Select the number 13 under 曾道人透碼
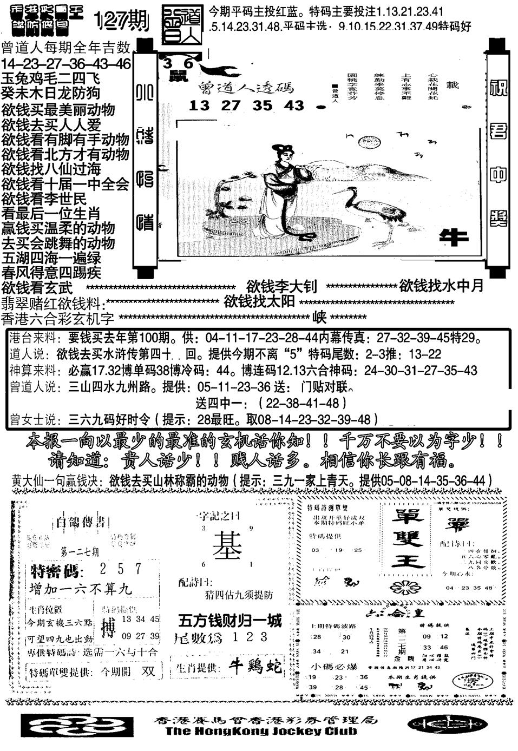[199, 106]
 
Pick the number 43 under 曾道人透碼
[294, 106]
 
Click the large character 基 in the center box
[227, 544]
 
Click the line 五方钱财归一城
[231, 620]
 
